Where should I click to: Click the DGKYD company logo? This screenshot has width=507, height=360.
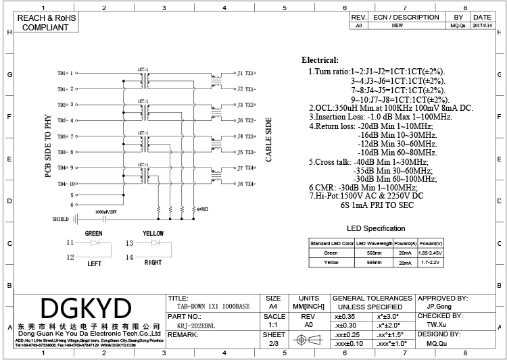[87, 308]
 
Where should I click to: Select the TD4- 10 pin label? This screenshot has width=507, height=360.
[66, 184]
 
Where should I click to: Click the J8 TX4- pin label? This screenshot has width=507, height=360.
[245, 184]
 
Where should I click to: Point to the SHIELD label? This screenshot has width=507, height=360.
[60, 220]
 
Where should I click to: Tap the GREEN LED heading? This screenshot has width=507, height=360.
[94, 233]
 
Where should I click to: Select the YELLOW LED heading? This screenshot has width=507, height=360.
[153, 233]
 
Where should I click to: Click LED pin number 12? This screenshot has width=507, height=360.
[70, 257]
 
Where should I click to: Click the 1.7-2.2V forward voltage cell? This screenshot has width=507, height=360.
[431, 261]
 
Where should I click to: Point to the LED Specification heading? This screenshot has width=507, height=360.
[376, 228]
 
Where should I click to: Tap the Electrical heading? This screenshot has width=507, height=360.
[320, 60]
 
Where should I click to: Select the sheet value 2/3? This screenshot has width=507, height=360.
[274, 344]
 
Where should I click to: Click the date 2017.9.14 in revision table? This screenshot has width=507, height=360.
[482, 25]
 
